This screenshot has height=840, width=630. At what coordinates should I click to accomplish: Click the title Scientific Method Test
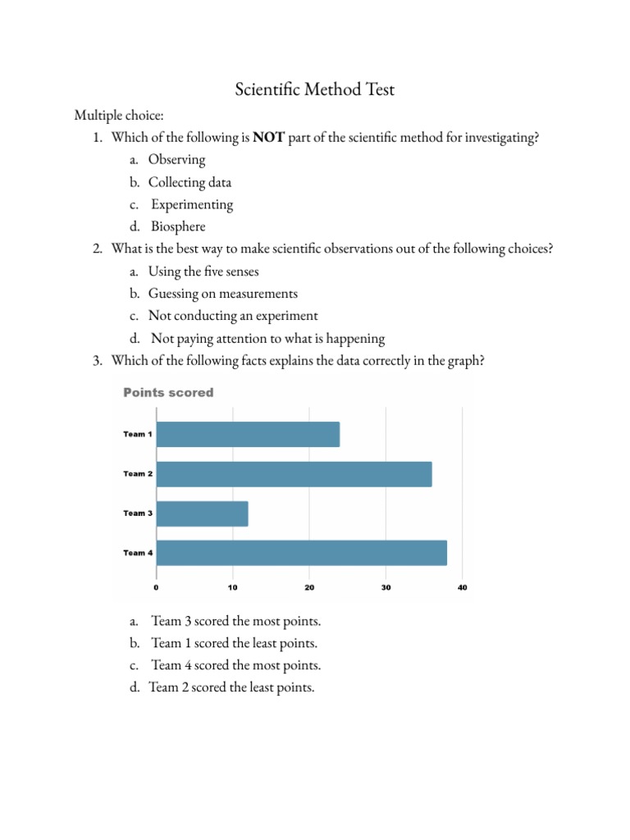[315, 89]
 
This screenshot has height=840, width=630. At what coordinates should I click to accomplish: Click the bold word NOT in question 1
[268, 138]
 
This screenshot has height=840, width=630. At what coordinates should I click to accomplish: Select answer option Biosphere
[178, 226]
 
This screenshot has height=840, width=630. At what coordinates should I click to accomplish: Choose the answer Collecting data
[189, 182]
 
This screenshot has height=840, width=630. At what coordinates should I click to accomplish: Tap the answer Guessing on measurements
[222, 293]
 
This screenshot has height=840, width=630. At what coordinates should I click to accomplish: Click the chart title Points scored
[168, 393]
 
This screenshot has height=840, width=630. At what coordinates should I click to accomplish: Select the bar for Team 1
[248, 434]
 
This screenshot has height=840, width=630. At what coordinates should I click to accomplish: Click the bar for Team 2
[294, 474]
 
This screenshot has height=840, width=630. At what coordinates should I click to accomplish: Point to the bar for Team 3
[202, 514]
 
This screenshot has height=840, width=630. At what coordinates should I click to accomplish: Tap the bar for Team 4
[301, 553]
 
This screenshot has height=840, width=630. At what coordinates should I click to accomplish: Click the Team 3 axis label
[138, 514]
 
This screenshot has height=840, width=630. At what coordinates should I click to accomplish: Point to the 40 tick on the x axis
[462, 587]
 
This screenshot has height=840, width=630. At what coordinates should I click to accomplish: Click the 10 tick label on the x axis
[232, 587]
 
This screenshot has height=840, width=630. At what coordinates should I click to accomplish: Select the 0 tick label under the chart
[156, 587]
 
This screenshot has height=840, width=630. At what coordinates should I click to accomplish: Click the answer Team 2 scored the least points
[231, 687]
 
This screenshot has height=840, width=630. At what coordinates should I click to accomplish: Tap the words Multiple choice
[119, 116]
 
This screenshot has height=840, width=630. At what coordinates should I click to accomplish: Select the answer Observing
[176, 160]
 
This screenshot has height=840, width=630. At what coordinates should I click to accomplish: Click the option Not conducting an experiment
[233, 316]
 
